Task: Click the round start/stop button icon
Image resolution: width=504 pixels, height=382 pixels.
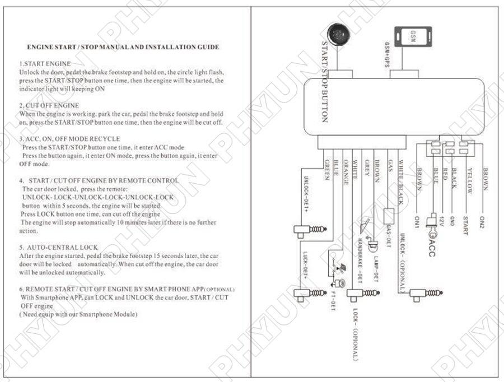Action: pyautogui.click(x=337, y=34)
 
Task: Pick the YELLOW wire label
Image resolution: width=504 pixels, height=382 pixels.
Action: pyautogui.click(x=470, y=181)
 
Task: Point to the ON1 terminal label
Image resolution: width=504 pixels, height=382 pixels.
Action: pyautogui.click(x=417, y=223)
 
